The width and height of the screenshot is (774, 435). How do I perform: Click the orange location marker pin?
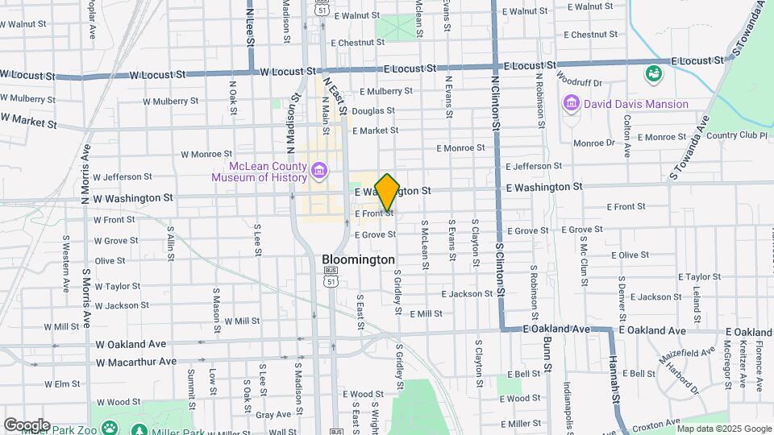[x=387, y=192]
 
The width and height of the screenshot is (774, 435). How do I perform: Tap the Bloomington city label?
[x=358, y=259]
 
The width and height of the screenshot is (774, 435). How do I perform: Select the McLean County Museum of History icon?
[x=319, y=171]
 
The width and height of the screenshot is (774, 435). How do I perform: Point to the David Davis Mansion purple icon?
[x=572, y=104]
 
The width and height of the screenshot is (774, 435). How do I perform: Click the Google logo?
[x=27, y=425]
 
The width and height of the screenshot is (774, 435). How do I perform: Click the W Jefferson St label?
[x=123, y=176]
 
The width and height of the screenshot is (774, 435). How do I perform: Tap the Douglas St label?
[x=372, y=110]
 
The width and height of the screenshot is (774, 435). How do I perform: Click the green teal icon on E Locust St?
[x=653, y=74]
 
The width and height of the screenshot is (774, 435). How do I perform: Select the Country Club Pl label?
[x=735, y=135]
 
